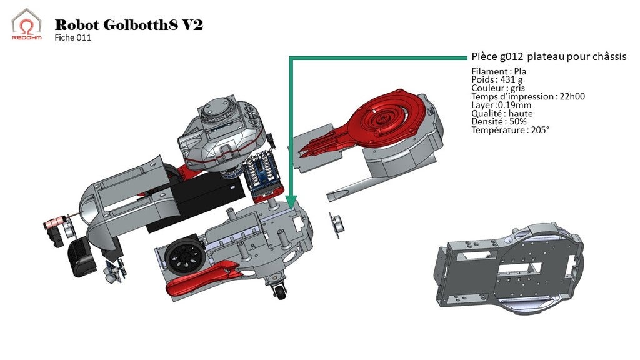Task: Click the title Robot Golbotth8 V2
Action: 129,25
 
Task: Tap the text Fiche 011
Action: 69,37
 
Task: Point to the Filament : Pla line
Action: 499,71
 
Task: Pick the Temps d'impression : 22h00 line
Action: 528,96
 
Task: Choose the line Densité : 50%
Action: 499,121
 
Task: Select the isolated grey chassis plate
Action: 509,266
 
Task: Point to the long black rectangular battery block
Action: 194,200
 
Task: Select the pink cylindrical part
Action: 54,223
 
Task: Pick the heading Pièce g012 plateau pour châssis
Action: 548,57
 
